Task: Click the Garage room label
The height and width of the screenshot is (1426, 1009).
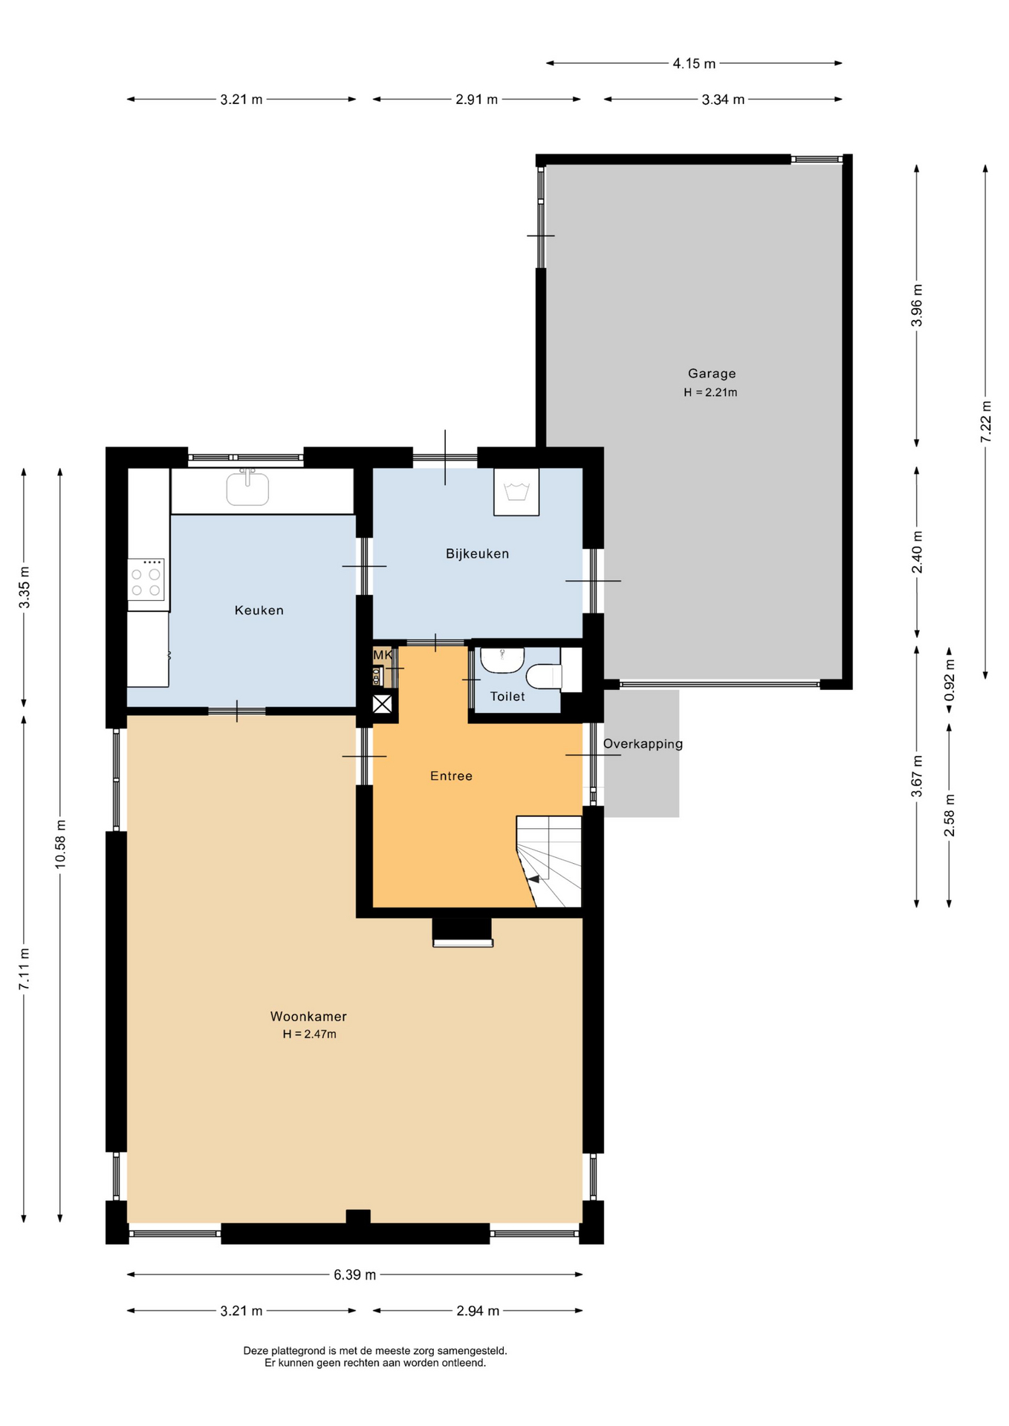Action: [711, 374]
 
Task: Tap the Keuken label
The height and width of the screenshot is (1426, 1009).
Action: [259, 610]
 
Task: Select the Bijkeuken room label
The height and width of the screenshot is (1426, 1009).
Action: [477, 553]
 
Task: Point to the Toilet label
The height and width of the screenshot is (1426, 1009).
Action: [507, 696]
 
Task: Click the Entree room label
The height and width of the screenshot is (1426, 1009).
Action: [451, 775]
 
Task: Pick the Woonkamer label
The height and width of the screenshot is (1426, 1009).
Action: [308, 1016]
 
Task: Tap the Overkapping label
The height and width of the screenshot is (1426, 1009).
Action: [643, 743]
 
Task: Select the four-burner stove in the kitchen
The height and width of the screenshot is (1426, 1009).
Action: [146, 579]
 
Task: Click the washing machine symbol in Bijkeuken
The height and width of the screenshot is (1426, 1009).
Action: [516, 492]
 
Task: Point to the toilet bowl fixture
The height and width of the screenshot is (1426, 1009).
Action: [543, 676]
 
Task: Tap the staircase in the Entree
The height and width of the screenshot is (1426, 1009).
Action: [549, 862]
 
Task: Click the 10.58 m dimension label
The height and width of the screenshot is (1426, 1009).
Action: [61, 844]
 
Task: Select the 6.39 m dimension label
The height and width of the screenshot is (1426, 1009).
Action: [354, 1274]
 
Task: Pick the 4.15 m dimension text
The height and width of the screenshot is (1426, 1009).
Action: [694, 64]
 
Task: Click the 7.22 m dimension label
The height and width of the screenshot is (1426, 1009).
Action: [986, 422]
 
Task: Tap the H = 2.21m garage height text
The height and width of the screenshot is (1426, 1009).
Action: [710, 392]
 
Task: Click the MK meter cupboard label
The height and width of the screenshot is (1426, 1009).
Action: [383, 655]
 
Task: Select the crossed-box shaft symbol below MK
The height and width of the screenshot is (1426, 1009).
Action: [382, 703]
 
